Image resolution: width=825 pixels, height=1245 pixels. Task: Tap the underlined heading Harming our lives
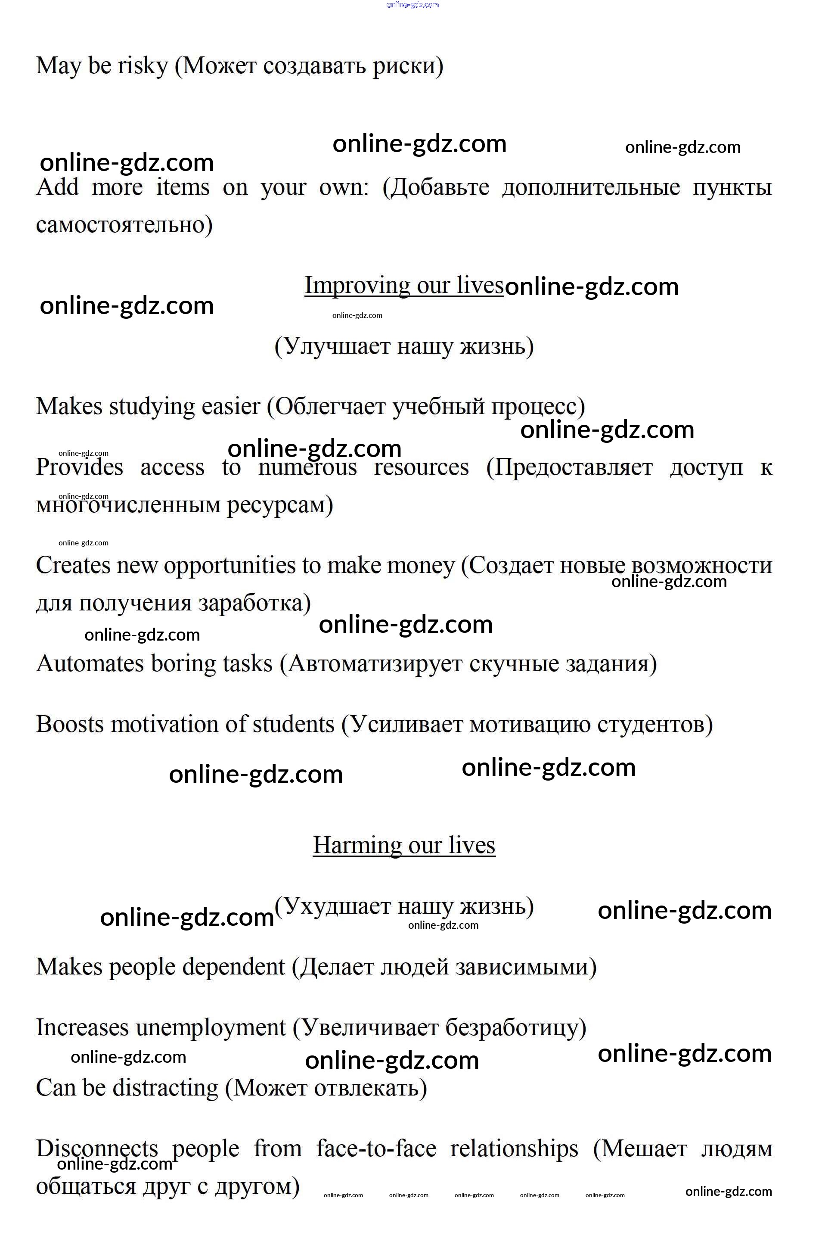[x=403, y=846]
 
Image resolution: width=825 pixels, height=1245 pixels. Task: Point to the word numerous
[x=307, y=467]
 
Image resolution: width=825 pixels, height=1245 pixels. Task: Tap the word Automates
[x=90, y=664]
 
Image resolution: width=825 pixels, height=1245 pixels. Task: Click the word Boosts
[x=70, y=724]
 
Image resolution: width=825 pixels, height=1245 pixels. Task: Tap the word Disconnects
[x=97, y=1149]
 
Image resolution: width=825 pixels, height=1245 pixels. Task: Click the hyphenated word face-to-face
[x=376, y=1149]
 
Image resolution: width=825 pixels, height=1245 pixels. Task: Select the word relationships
[x=514, y=1149]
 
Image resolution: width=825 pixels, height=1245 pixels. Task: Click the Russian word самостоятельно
[x=124, y=225]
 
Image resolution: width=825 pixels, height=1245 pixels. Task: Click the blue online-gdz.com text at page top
[x=412, y=5]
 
